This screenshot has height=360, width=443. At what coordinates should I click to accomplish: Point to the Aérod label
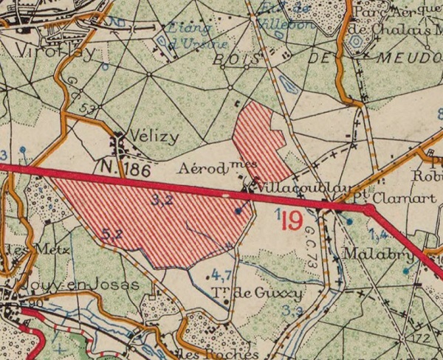[x=207, y=168]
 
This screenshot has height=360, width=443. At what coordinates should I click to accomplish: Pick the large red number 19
[x=292, y=219]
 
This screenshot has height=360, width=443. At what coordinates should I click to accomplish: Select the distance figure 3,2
[x=162, y=200]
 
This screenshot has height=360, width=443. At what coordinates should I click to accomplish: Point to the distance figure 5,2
[x=112, y=233]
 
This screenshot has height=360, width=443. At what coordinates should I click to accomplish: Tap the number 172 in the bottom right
[x=422, y=339]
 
